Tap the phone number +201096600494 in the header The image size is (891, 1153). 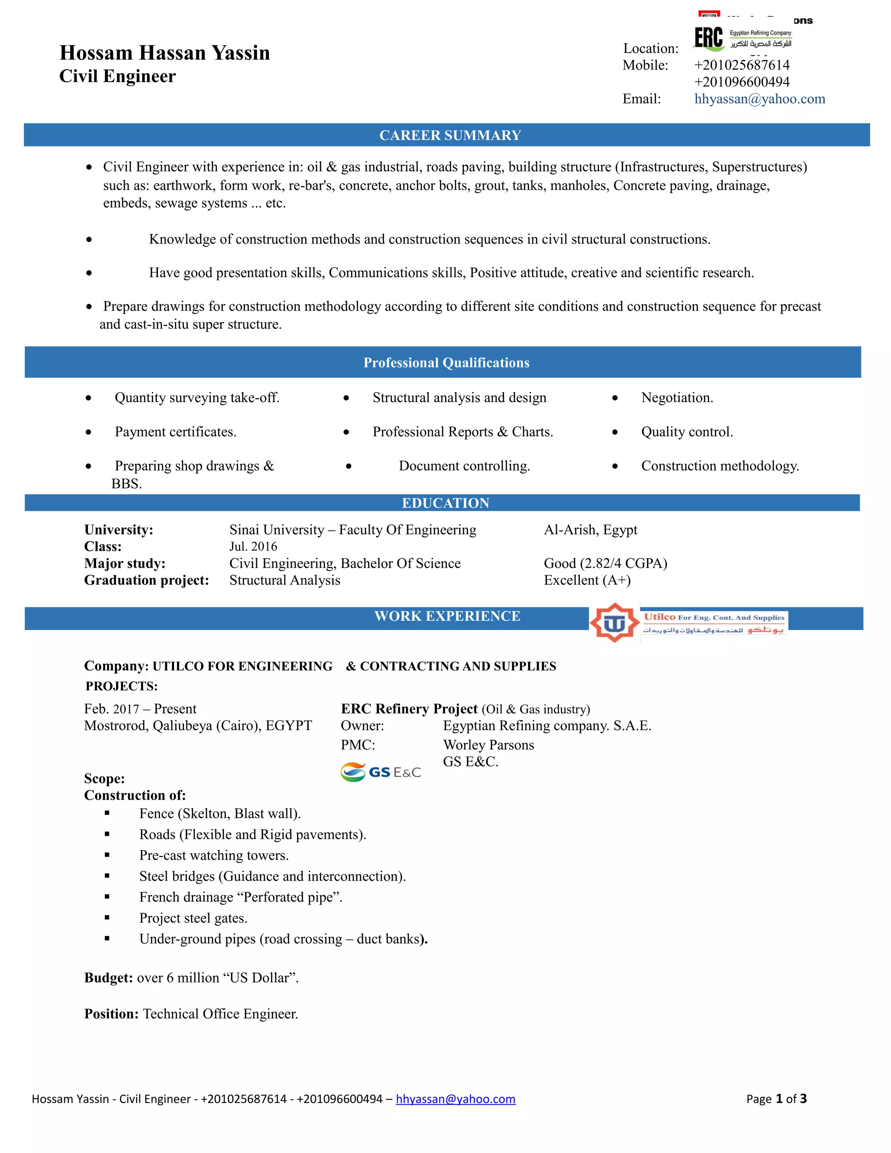(742, 82)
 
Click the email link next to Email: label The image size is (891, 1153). (759, 99)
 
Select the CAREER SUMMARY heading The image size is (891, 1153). (450, 135)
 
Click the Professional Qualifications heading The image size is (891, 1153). (446, 363)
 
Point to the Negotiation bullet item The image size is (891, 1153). (677, 398)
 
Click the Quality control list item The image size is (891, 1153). (687, 432)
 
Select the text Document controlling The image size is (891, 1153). (464, 466)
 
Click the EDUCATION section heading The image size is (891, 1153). (445, 503)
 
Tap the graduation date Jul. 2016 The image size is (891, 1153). (253, 546)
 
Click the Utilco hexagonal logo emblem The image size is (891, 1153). (614, 623)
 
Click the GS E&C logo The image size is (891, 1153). (381, 772)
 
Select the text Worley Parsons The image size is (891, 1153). (488, 745)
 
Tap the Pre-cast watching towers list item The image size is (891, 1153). (214, 855)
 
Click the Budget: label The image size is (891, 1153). (108, 978)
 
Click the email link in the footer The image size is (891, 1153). (456, 1099)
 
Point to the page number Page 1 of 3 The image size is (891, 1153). (776, 1099)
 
